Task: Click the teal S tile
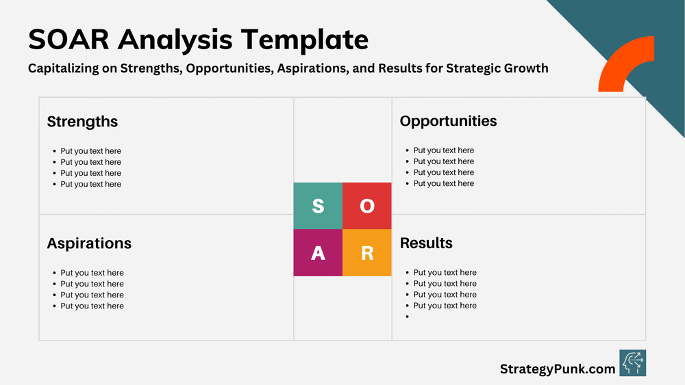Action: point(318,206)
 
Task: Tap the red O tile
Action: point(367,206)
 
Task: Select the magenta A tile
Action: point(318,253)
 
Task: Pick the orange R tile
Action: point(367,253)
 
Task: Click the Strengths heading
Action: point(82,122)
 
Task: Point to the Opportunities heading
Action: point(448,121)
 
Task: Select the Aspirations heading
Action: point(89,243)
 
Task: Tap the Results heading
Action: point(426,243)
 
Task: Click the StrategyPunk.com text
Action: point(558,369)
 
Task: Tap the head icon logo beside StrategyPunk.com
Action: point(632,363)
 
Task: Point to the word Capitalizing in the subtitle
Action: point(72,68)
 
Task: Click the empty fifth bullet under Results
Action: point(408,317)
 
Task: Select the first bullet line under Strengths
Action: point(90,151)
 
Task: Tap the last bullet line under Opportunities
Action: point(443,183)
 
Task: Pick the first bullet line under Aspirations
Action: point(92,273)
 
